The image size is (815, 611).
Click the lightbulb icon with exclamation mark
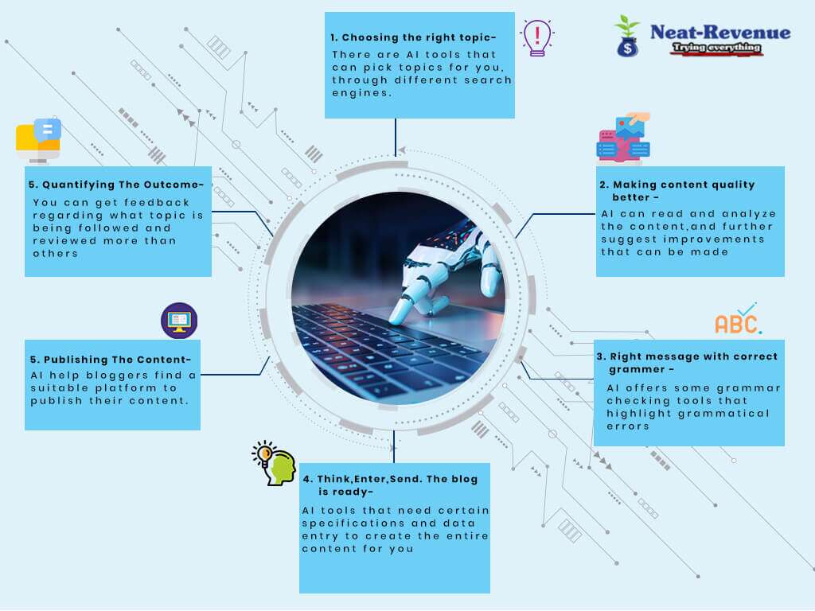pyautogui.click(x=537, y=37)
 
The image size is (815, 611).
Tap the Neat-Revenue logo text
pyautogui.click(x=720, y=33)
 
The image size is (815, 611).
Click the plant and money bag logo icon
pyautogui.click(x=627, y=36)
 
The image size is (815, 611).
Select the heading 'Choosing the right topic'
pyautogui.click(x=413, y=37)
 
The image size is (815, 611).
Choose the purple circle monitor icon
pyautogui.click(x=179, y=321)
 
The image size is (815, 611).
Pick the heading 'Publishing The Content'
pyautogui.click(x=110, y=359)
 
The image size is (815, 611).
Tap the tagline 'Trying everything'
pyautogui.click(x=717, y=49)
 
